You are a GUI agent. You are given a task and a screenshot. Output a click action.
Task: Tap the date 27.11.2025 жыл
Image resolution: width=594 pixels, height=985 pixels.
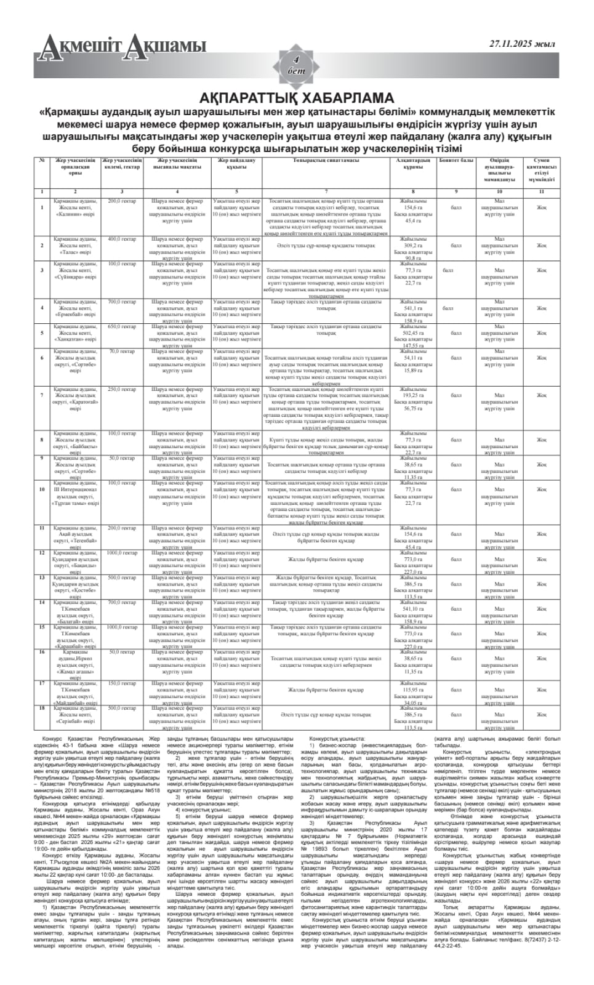[522, 44]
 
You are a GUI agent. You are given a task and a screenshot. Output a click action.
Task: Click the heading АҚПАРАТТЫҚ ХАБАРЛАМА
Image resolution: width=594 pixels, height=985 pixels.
[297, 98]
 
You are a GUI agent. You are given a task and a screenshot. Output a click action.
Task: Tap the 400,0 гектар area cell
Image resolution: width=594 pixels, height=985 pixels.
[122, 239]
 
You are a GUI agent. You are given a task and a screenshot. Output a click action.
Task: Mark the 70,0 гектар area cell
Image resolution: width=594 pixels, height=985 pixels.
[122, 352]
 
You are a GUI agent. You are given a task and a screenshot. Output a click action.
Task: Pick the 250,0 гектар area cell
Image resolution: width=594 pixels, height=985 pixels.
[122, 389]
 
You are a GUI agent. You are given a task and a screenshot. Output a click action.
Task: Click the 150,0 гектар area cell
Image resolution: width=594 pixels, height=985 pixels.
[122, 683]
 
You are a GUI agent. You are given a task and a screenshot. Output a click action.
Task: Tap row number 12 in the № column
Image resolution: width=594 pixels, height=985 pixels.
[42, 553]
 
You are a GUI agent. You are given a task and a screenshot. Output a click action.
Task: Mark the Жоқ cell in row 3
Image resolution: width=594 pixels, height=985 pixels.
[540, 270]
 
